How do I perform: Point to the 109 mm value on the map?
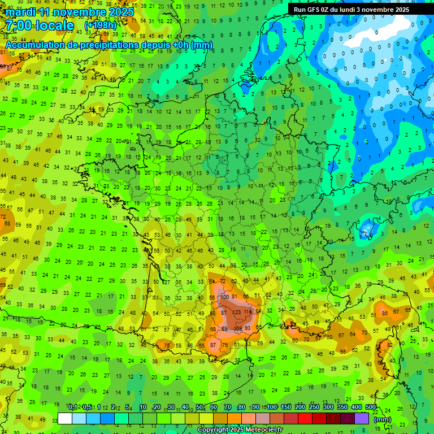click(237, 328)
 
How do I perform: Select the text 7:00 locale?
click(40, 25)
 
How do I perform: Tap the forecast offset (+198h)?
click(100, 26)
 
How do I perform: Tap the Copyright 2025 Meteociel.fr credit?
click(240, 429)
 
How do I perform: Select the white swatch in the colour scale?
click(65, 418)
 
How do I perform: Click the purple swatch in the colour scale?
click(362, 418)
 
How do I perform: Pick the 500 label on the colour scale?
click(371, 407)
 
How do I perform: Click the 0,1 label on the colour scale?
click(73, 407)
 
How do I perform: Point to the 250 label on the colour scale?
click(314, 407)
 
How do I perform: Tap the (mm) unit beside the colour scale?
click(383, 419)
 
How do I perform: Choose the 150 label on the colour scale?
click(286, 407)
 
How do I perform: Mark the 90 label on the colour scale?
click(256, 407)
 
